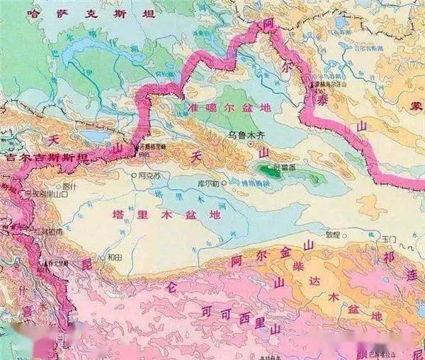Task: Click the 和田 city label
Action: click(116, 257)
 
